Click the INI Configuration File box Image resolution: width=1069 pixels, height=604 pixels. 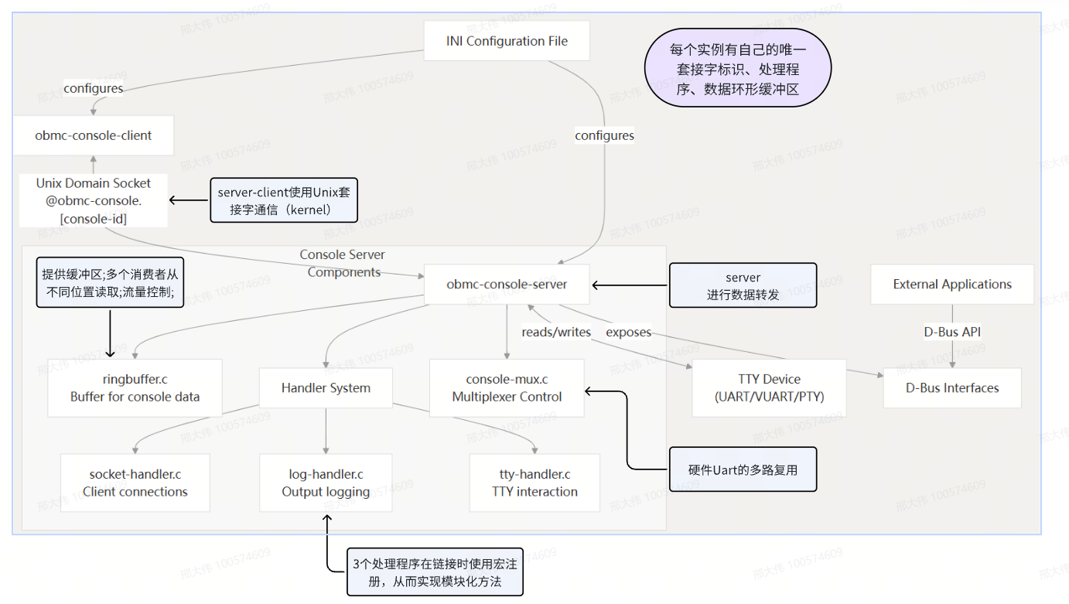coord(507,41)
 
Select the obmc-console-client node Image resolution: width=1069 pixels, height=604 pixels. coord(93,135)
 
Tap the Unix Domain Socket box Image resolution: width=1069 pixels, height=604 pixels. coord(93,201)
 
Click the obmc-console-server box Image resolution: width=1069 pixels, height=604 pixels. coord(507,285)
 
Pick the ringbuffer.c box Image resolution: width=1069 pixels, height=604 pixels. coord(135,388)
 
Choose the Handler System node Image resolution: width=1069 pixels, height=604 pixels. coord(326,388)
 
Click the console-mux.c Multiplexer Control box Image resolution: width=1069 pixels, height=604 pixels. coord(507,388)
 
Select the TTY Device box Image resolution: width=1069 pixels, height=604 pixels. coord(769,388)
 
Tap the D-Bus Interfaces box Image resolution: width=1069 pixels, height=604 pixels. coord(952,388)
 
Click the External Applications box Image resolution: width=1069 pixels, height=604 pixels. coord(952,285)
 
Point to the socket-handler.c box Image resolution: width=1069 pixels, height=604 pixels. coord(135,483)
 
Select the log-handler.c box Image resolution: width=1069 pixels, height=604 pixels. coord(326,483)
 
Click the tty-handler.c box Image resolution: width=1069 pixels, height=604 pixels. coord(534,483)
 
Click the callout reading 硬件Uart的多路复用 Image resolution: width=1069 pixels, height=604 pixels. coord(743,469)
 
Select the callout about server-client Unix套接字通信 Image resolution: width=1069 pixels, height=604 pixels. coord(285,200)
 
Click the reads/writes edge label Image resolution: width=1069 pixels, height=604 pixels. coord(555,333)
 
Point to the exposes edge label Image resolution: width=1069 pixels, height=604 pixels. coord(628,333)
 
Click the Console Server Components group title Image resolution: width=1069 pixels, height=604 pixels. coord(343,263)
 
